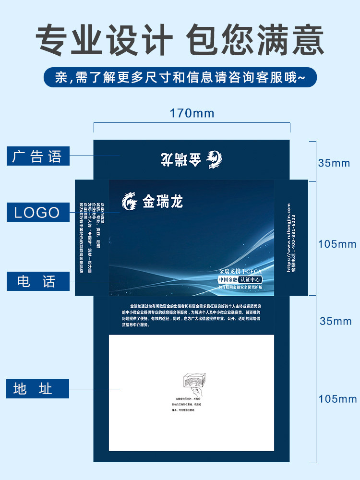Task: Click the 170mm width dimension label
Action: [192, 113]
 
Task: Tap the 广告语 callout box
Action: [38, 156]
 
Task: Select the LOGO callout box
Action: [38, 212]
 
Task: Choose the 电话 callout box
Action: [38, 281]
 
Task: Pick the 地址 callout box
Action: [38, 388]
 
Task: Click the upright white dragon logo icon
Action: [130, 202]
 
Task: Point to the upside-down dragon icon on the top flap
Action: [214, 159]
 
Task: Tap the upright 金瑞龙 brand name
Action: [163, 202]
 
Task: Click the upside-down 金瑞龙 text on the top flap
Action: [182, 159]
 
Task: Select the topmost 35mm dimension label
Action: [334, 163]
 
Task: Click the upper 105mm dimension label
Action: [337, 244]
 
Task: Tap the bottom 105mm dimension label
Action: [337, 398]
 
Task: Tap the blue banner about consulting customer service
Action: [180, 77]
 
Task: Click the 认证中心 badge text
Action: [252, 279]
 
